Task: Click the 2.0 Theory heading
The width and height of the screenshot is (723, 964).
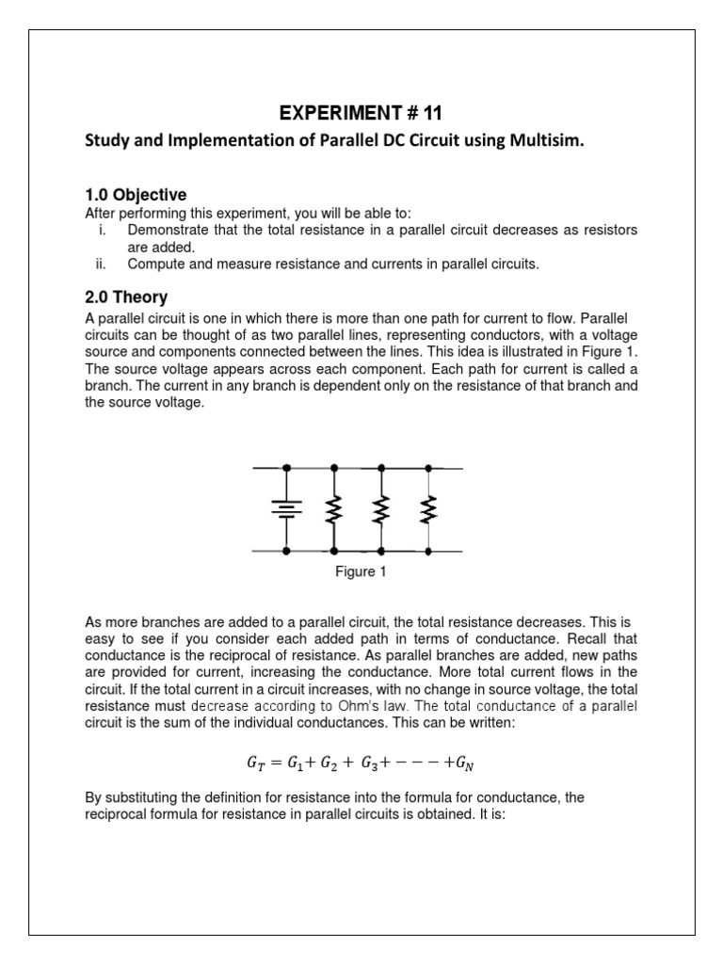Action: coord(126,297)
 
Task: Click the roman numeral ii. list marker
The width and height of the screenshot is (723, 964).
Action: coord(104,265)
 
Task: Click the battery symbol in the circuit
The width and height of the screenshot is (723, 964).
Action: coord(286,509)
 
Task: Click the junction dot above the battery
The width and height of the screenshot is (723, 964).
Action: coord(286,467)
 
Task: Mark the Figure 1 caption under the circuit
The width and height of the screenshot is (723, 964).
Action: coord(361,572)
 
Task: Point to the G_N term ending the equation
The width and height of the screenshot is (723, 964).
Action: coord(467,762)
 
